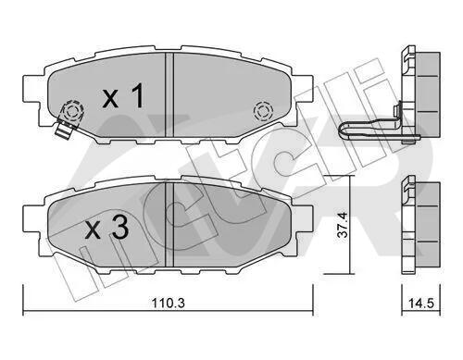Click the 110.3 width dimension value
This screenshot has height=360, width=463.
168,303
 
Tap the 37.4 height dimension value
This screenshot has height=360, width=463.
343,225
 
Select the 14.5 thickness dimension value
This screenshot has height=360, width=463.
421,303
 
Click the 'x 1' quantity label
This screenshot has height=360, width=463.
123,95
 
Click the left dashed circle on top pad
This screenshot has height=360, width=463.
73,111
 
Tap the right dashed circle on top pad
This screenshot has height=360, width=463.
263,111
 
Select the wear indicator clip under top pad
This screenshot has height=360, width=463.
64,130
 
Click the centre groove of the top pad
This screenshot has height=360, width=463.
169,94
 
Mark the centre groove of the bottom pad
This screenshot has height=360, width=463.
169,224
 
